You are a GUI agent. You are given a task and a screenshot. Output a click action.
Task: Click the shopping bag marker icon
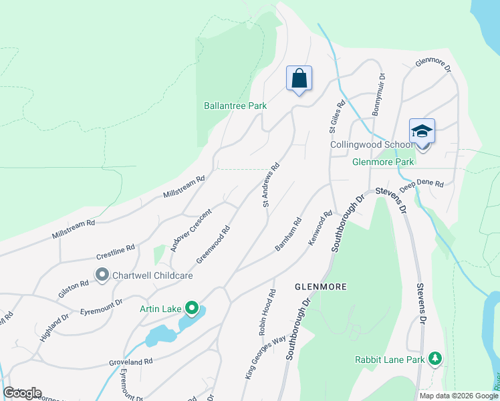coord(299,78)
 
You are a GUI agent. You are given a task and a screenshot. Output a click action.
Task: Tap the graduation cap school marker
coord(422,130)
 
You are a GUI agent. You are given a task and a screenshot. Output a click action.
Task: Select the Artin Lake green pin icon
coord(193,308)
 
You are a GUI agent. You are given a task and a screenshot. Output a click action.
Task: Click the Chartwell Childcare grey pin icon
coord(102,275)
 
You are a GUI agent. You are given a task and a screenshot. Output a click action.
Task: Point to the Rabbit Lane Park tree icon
coord(435,359)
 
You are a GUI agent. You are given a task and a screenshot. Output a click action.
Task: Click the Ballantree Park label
coord(235,106)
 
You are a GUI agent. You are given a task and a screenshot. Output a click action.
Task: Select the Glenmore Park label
coord(384,162)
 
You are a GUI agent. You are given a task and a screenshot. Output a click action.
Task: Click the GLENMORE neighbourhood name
coord(321,287)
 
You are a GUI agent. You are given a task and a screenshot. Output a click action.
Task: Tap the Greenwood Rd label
coord(213,244)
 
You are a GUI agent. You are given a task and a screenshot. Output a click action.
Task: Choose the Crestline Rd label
coord(115,252)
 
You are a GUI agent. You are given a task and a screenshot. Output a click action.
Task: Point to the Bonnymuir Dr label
coord(378,94)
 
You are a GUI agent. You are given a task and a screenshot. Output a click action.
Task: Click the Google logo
coord(22,393)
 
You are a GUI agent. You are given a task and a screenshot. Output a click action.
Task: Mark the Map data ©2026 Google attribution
coord(458,396)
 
